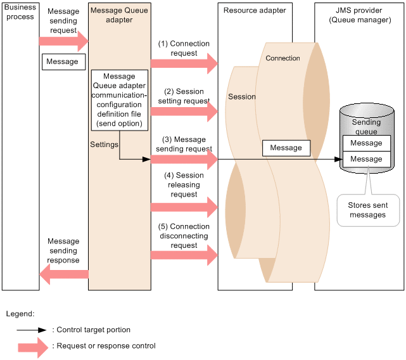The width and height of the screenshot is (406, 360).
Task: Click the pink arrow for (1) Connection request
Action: (x=184, y=63)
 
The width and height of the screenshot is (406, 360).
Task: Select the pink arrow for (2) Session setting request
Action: (x=184, y=112)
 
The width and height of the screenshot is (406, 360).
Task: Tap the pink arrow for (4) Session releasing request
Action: (x=184, y=207)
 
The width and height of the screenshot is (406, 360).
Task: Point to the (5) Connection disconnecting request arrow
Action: (x=184, y=255)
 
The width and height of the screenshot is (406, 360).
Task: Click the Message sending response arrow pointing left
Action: (x=64, y=274)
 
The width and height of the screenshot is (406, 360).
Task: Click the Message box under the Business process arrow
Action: (x=64, y=61)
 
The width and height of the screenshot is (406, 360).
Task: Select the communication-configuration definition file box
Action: (x=120, y=100)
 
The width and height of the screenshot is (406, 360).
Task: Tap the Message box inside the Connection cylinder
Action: (x=286, y=148)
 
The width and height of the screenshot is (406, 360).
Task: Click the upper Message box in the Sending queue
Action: (x=366, y=143)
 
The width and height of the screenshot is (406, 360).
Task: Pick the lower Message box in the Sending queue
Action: (x=366, y=159)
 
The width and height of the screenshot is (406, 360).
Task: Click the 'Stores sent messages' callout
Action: (x=368, y=210)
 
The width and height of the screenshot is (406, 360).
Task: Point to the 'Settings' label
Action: (x=104, y=145)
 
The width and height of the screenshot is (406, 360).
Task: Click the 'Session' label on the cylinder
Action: (x=242, y=97)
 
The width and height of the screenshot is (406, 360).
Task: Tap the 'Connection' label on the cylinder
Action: (x=282, y=58)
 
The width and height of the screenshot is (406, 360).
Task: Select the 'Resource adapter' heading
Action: (x=255, y=10)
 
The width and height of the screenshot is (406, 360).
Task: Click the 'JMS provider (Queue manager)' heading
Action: (x=360, y=15)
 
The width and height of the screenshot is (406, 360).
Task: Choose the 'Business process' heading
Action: (x=20, y=12)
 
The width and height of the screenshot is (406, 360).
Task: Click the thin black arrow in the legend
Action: (x=31, y=330)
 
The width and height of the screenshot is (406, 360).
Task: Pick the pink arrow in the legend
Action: (x=33, y=347)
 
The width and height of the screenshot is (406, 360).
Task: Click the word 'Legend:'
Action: (x=20, y=314)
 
